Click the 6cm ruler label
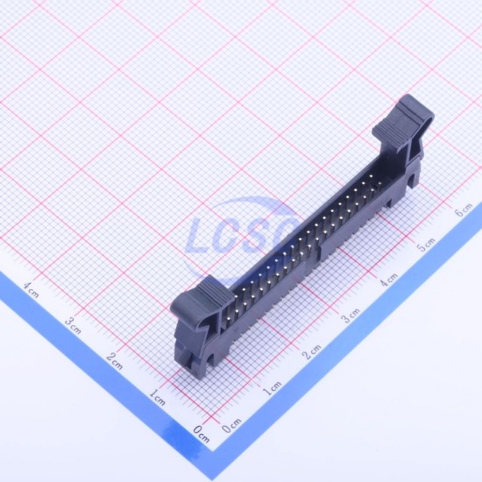point(464,210)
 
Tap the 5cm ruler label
point(426,245)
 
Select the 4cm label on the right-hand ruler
point(388,280)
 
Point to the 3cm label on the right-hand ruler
point(351,315)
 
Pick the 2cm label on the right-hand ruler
point(312,351)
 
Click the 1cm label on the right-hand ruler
point(272,388)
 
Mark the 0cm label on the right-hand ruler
point(231,426)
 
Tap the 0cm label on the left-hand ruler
point(202,434)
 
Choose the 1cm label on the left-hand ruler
point(158,397)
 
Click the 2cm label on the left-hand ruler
point(114,361)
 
